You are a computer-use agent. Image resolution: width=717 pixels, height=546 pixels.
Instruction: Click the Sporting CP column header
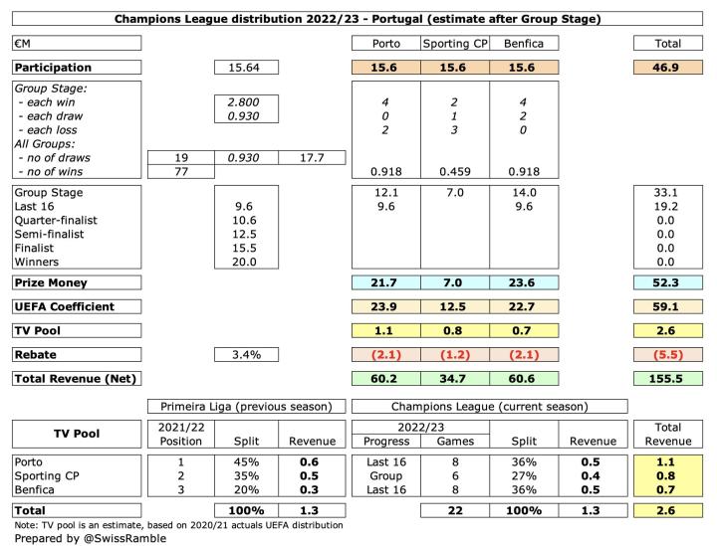(x=454, y=44)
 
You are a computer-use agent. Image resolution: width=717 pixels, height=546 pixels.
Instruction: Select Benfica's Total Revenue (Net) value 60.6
(x=523, y=378)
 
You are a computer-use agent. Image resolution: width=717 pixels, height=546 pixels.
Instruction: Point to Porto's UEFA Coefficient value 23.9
(x=385, y=307)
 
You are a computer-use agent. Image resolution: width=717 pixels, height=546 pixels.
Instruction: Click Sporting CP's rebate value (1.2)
(x=454, y=354)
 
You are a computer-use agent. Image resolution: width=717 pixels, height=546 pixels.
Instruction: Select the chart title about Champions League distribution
(x=358, y=19)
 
